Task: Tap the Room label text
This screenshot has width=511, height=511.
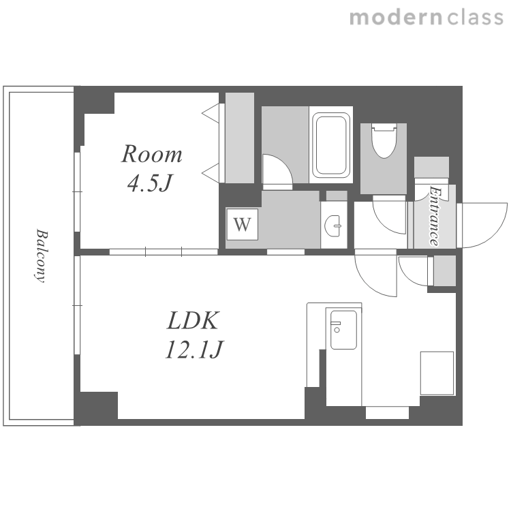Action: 151,154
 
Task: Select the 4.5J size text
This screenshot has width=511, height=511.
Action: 150,183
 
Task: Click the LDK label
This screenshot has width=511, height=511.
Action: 193,321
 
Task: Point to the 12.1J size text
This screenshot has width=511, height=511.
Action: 194,350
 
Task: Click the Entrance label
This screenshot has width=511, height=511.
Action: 435,216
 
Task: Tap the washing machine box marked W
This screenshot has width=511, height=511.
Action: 243,224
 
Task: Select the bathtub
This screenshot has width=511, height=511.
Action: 331,144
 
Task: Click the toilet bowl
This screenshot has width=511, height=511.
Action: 384,141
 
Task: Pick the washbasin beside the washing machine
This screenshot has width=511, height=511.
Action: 333,226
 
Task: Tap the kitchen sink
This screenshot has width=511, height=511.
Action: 343,330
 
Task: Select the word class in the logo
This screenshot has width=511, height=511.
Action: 476,18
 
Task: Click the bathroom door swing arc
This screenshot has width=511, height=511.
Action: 277,170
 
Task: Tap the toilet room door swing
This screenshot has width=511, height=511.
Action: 390,218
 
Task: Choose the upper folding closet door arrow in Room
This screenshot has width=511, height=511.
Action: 211,113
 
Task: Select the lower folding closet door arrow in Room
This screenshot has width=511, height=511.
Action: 211,173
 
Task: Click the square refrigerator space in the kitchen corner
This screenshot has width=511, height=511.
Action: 437,373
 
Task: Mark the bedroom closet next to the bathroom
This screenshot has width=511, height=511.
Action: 240,138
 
